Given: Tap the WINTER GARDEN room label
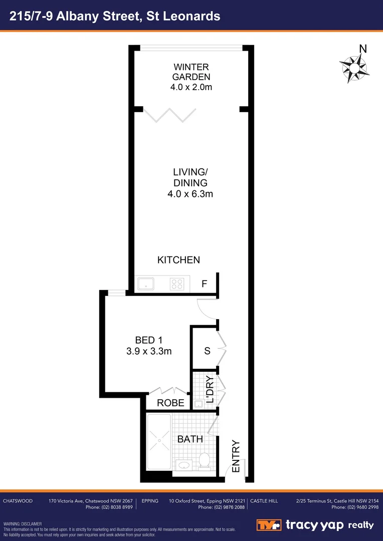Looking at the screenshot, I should (x=190, y=72).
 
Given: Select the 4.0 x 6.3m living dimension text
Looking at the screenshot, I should (x=190, y=194).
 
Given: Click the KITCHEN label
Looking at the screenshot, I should (x=178, y=260).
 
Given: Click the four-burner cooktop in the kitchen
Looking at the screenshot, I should (x=177, y=284).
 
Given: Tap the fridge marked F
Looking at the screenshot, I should (x=204, y=284).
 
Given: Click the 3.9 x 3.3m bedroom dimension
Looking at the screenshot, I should (x=149, y=352).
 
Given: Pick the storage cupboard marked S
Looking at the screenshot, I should (x=207, y=351).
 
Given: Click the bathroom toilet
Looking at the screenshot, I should (x=204, y=460).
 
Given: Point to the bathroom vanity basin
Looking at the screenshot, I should (x=183, y=466).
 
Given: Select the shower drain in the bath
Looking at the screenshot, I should (x=159, y=441).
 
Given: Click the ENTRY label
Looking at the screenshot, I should (x=236, y=456).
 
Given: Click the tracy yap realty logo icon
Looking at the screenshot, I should (x=270, y=525).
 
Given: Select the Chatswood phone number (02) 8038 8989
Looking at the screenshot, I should (x=109, y=507).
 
